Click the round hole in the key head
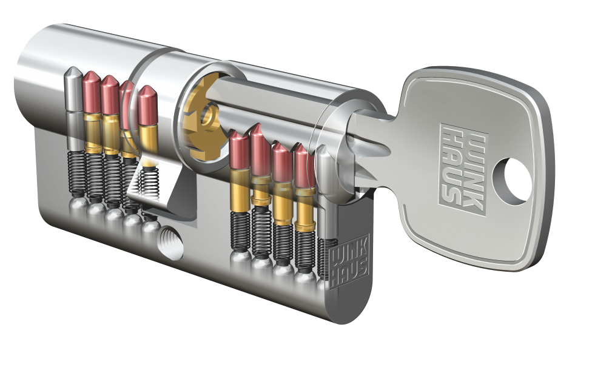pos(512,181)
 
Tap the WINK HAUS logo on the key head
pos(464,170)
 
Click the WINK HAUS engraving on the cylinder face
pos(349,261)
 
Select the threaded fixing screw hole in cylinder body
pos(170,243)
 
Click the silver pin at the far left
pos(74,109)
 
